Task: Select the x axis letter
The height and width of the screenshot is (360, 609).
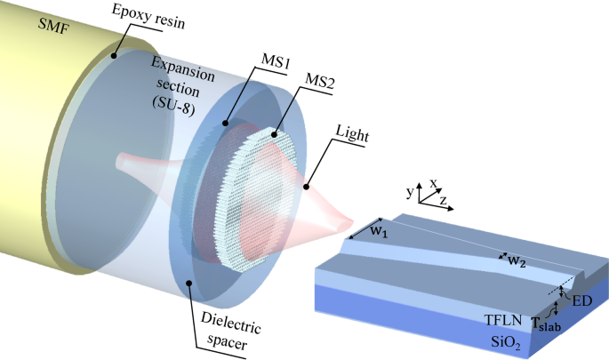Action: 435,183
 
